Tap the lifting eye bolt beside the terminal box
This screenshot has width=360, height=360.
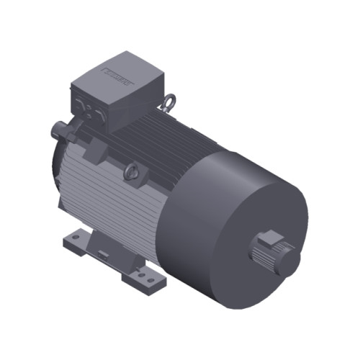pos(168,103)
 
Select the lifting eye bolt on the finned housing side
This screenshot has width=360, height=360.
pos(130,171)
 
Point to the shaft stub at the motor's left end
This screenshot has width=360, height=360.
pos(57,131)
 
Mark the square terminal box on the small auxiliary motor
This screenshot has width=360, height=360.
pos(269,237)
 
